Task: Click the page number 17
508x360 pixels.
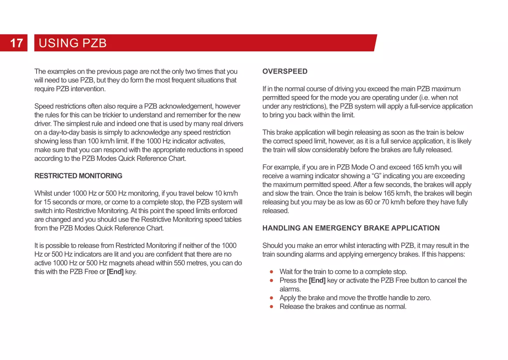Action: tap(16, 43)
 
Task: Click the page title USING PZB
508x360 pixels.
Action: tap(72, 43)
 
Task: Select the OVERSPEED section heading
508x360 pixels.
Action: tap(284, 71)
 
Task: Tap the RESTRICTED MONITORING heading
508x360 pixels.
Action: tap(78, 176)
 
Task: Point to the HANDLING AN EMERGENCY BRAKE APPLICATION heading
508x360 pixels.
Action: tap(351, 228)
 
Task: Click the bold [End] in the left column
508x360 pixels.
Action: tap(115, 272)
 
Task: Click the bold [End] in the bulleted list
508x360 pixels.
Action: tap(317, 280)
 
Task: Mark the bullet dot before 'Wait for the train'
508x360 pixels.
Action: tap(271, 272)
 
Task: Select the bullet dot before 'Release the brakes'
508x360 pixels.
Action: tap(271, 307)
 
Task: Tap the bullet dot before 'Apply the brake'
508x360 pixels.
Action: tap(271, 298)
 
